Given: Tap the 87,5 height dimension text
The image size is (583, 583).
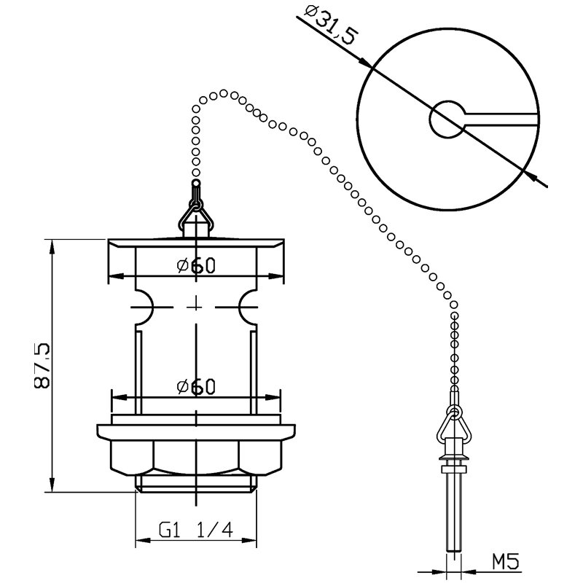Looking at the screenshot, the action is coord(42,366).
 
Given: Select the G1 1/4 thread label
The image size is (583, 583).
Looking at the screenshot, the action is coord(196,530).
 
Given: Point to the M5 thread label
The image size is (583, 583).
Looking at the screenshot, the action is coord(505,561).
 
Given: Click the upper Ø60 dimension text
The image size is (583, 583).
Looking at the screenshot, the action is coord(196,265).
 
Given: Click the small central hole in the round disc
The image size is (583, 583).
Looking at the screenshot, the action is coord(447,120).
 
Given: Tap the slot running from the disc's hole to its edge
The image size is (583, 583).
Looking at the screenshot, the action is coord(501,120).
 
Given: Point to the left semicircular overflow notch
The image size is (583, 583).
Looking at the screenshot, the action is coord(144,307).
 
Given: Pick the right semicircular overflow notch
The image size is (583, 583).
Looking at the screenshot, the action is coord(247,307).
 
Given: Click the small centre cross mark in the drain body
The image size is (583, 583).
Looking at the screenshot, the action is coord(196,307).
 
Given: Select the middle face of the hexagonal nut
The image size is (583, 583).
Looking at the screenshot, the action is coord(196,458).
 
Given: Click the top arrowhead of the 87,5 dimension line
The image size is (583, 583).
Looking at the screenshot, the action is coord(52,247).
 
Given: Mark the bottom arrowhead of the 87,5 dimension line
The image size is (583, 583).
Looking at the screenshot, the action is coord(52,484).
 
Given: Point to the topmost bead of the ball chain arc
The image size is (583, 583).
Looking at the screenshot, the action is coord(224,93).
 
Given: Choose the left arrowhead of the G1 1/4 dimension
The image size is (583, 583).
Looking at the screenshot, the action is coord(143,540).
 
